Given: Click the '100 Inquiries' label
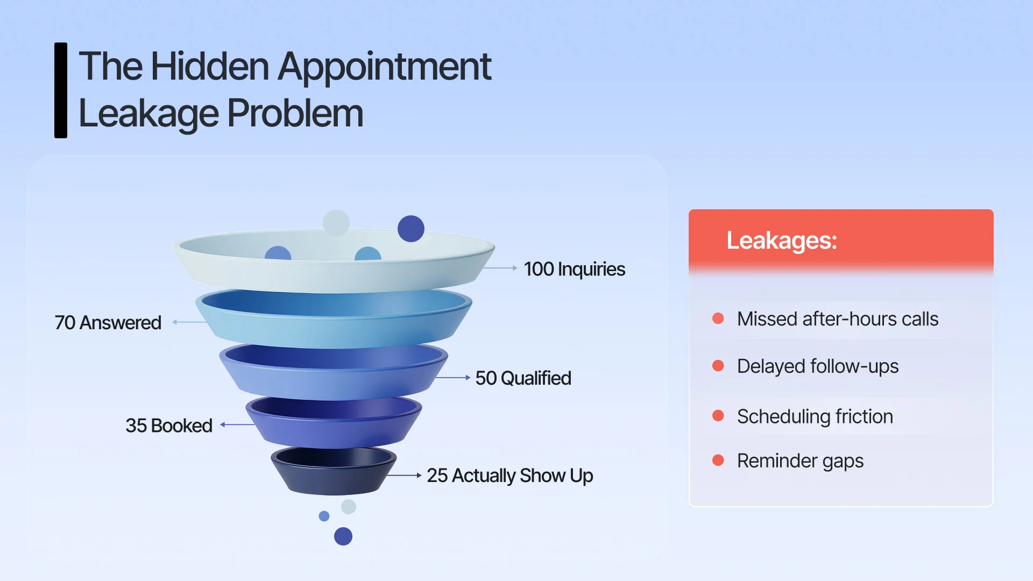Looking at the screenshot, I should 574,269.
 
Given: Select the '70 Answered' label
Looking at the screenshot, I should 108,323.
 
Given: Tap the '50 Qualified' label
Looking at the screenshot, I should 523,378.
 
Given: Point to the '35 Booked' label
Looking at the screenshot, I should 169,426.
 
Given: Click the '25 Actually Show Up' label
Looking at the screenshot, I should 510,476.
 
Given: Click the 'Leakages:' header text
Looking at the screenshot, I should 781,240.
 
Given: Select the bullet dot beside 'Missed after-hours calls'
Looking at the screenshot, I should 718,318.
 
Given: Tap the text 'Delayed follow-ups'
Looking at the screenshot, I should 817,366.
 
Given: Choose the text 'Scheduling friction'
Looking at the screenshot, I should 815,416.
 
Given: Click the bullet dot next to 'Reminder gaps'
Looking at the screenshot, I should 718,460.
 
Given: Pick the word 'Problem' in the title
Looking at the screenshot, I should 295,114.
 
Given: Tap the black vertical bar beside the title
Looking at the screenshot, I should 61,90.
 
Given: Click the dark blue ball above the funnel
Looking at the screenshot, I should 411,229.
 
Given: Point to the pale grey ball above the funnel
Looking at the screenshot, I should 336,222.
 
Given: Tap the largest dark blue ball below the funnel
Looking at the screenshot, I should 343,536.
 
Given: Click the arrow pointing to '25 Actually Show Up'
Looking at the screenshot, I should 404,476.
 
